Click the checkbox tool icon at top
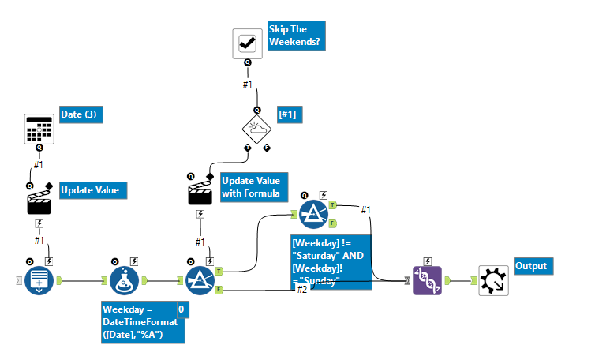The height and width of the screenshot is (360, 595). [246, 43]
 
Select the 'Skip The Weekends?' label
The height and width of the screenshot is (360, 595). [294, 36]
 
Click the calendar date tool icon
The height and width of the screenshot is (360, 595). [39, 129]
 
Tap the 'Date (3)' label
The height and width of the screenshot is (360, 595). [81, 115]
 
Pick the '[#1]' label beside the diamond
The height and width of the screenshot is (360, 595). [290, 115]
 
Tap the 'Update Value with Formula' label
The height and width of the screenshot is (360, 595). [250, 187]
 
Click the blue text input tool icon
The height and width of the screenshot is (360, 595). [39, 279]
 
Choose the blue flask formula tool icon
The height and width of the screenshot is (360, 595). [124, 279]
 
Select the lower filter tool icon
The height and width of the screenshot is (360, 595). [200, 279]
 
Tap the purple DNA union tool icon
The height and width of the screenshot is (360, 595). [428, 279]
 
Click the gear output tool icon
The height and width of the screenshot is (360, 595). [493, 279]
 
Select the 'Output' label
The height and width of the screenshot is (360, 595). [533, 266]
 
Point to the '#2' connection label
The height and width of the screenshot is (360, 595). [302, 290]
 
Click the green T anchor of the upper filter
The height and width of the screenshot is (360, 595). [333, 204]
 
